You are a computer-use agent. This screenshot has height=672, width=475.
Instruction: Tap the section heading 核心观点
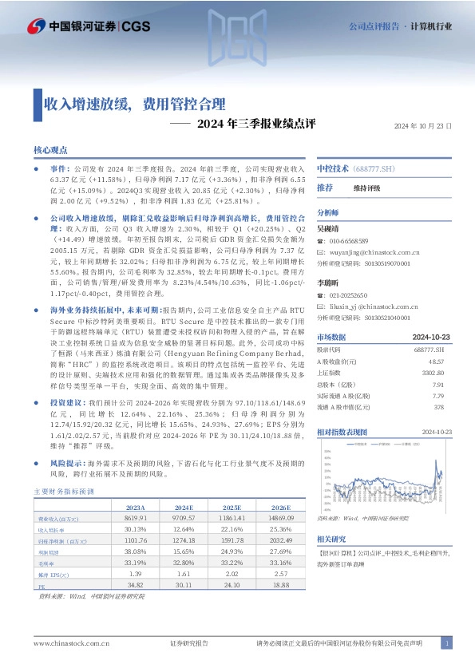pyautogui.click(x=50, y=150)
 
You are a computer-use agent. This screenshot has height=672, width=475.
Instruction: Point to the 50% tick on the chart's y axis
pyautogui.click(x=327, y=450)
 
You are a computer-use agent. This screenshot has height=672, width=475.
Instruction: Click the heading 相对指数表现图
pyautogui.click(x=342, y=431)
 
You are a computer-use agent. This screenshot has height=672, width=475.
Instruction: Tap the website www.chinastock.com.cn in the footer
pyautogui.click(x=65, y=643)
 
